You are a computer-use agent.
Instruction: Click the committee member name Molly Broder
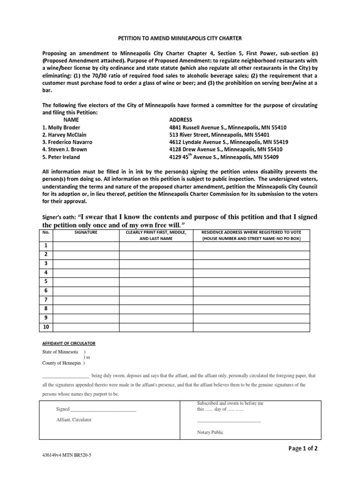coord(61,127)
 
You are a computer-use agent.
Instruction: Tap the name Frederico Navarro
coord(67,142)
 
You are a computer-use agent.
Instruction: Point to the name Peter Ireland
coord(61,157)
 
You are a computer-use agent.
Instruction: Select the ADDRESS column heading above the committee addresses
coord(180,120)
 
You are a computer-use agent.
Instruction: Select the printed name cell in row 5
coord(156,282)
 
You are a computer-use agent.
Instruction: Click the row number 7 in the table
coord(46,300)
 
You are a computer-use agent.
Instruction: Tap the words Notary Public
coord(210,433)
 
